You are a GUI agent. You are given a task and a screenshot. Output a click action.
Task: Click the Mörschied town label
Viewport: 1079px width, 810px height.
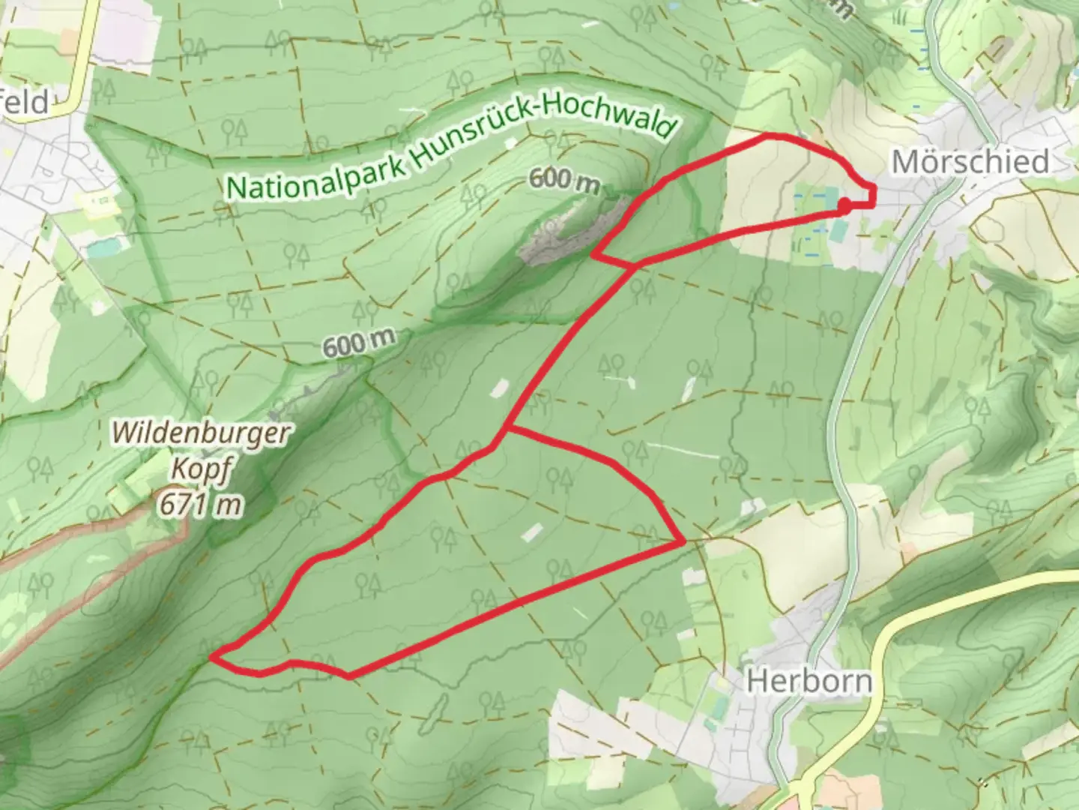click(970, 162)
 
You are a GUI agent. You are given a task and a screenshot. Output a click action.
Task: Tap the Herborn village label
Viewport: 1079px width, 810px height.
click(810, 682)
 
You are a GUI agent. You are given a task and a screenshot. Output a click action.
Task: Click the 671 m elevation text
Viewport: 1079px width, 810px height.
click(200, 505)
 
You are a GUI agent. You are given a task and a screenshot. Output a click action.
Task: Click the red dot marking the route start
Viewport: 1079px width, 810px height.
click(844, 205)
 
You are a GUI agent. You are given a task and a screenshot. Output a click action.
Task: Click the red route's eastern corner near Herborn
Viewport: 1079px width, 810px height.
click(683, 541)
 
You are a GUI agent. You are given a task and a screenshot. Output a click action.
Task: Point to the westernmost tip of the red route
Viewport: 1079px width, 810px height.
click(213, 657)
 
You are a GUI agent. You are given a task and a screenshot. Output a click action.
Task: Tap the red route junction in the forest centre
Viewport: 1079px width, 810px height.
click(509, 429)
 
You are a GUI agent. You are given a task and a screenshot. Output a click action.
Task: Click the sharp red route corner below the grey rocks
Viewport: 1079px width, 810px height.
click(593, 255)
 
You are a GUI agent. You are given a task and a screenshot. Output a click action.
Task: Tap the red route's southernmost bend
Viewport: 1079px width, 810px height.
click(349, 676)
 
